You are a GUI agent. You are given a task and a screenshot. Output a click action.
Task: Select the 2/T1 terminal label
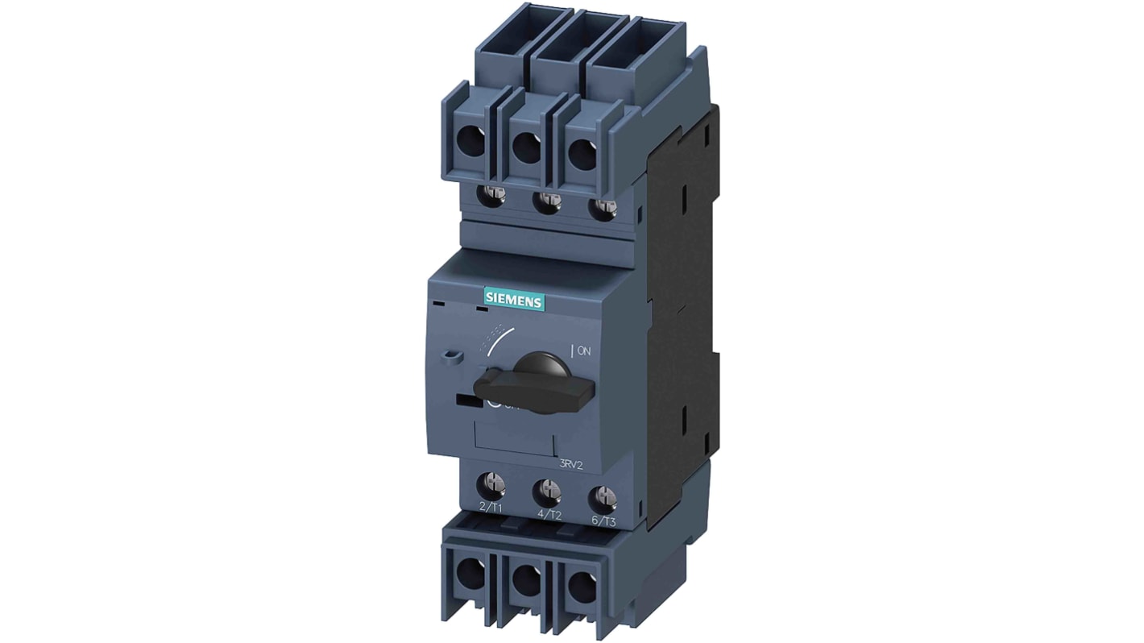pos(490,507)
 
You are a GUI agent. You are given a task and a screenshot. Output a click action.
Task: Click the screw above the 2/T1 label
pos(491,483)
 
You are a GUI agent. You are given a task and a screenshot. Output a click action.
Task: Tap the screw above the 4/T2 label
pos(548,488)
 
